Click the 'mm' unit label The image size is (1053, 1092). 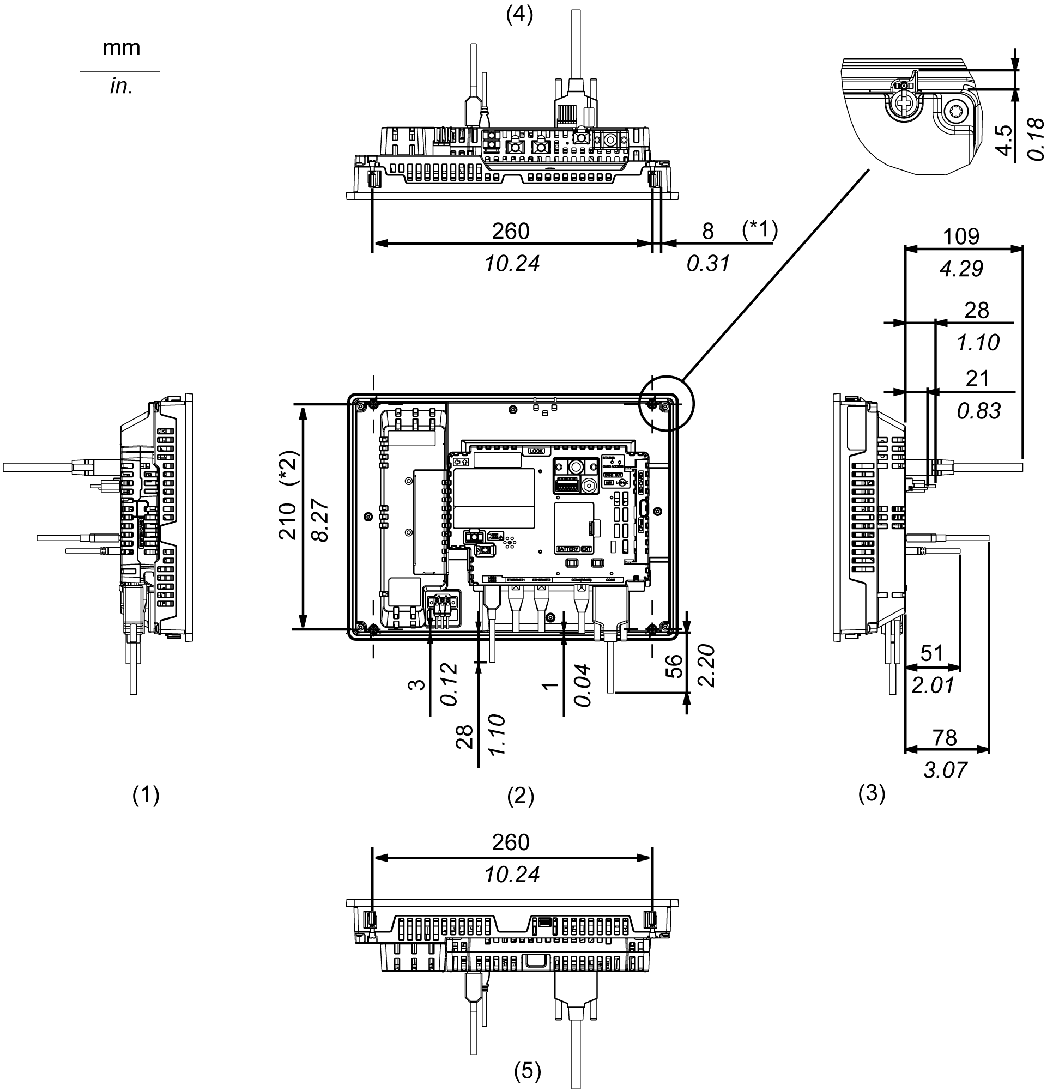pos(122,48)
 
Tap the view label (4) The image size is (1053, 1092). pos(519,15)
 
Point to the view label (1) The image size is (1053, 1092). pos(146,795)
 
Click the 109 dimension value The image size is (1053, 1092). pos(961,237)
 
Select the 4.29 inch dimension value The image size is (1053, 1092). pos(961,269)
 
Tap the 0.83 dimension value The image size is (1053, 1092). pos(979,411)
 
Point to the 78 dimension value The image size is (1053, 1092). pos(945,738)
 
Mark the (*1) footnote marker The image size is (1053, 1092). pos(760,229)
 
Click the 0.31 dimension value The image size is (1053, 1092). pos(708,264)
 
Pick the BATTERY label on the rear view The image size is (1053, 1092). pos(568,549)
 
